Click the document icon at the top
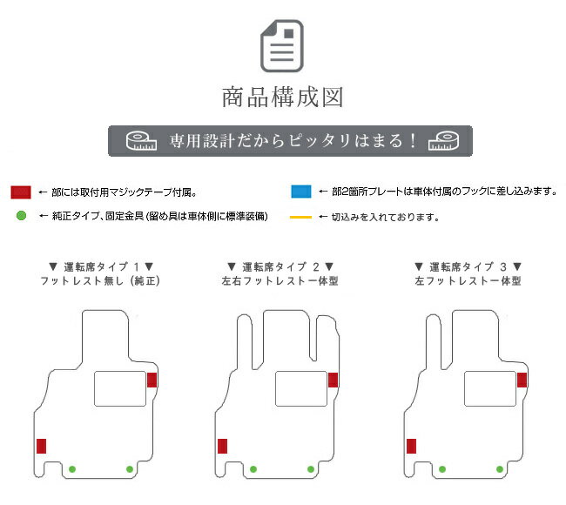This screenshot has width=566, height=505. (282, 46)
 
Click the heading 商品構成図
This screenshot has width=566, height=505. (282, 98)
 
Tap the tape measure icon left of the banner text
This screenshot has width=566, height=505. (141, 141)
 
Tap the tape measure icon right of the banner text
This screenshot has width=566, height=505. (443, 141)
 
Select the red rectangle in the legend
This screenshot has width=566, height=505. (21, 192)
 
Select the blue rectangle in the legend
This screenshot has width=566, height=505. (301, 192)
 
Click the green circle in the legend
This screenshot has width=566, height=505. (21, 216)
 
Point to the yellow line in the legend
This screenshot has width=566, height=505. (300, 217)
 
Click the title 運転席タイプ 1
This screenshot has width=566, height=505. (101, 266)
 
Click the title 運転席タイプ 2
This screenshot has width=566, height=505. (280, 266)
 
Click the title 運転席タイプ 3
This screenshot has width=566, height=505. (468, 266)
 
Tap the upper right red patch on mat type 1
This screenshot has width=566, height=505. (152, 380)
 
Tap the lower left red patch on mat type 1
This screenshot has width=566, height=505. (41, 446)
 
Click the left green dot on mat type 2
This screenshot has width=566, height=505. (253, 469)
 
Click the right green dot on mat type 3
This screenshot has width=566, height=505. (500, 469)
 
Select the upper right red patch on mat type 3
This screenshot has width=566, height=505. (522, 380)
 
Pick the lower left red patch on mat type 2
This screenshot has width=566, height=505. (222, 446)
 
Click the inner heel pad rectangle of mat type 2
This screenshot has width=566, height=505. (301, 388)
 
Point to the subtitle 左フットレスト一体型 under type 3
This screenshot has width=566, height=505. (468, 281)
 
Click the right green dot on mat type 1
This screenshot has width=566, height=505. (130, 469)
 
